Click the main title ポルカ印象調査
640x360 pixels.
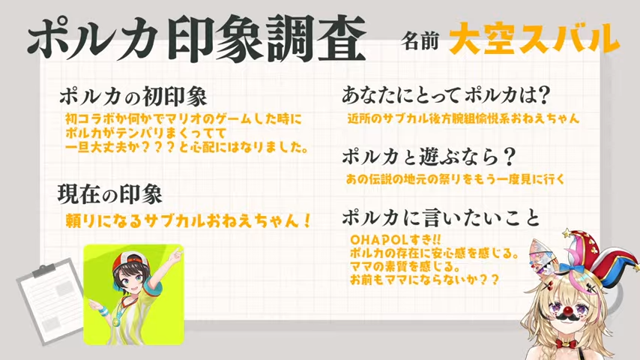pos(196,39)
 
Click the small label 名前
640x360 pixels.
pos(420,40)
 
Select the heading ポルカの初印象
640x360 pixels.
pos(133,97)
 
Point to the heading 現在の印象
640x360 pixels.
pos(110,194)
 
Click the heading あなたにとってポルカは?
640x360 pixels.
pos(446,95)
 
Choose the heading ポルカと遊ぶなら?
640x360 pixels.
pos(429,157)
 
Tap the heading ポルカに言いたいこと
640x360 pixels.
pos(441,217)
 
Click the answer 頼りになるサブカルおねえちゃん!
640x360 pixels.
pos(189,220)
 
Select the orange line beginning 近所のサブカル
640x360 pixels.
pos(463,118)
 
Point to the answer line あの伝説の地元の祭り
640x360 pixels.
pos(456,179)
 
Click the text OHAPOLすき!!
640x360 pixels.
pos(395,239)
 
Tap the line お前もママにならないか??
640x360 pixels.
pos(424,280)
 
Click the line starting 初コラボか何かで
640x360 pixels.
pos(184,119)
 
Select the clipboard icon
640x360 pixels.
pos(51,301)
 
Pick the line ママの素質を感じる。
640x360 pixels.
pos(405,266)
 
